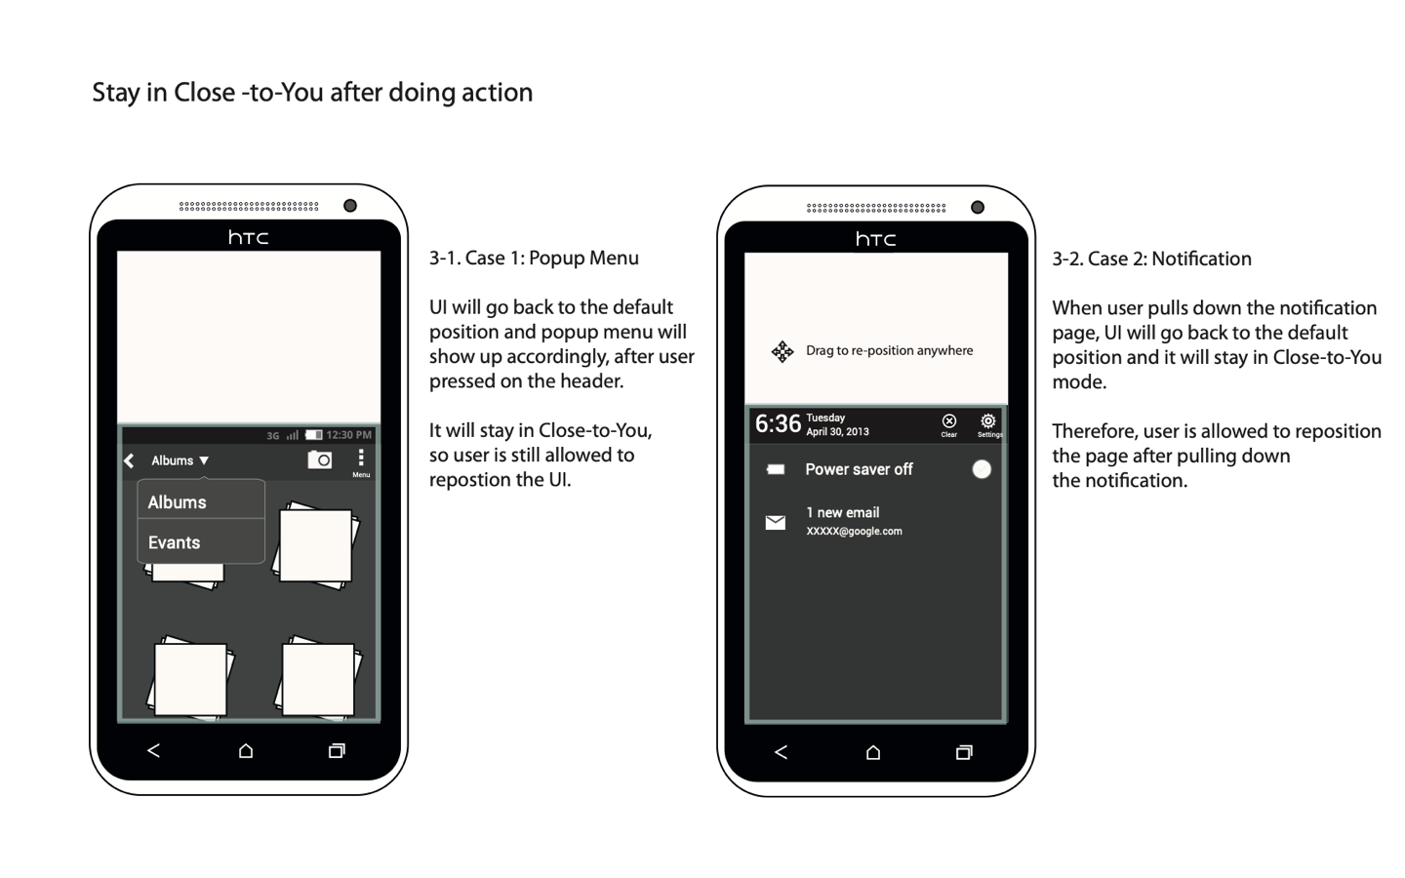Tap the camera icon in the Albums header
(320, 459)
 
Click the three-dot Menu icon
(361, 458)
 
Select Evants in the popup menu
(174, 542)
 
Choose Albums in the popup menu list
(177, 502)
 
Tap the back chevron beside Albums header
(129, 460)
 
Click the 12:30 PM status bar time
(348, 435)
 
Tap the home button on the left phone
(246, 751)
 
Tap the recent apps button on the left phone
(337, 751)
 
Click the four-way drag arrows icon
(783, 351)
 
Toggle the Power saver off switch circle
(982, 469)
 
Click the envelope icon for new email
(776, 522)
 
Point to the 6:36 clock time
(778, 424)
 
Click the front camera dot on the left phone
(350, 206)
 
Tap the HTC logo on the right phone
(875, 239)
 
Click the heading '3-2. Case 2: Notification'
(1151, 259)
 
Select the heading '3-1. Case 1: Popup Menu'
(534, 258)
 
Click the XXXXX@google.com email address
(855, 531)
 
